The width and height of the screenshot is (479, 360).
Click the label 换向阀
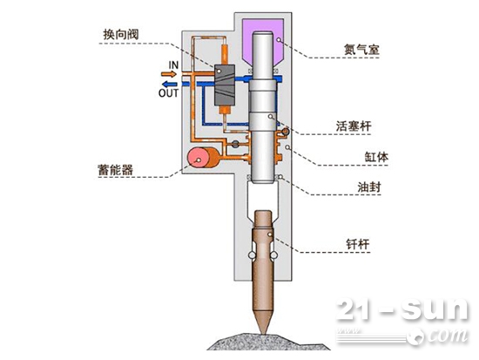(x=121, y=34)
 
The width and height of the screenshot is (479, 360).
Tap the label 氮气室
(x=361, y=50)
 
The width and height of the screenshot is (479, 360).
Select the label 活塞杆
(x=354, y=126)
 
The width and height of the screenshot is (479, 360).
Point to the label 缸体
(x=376, y=157)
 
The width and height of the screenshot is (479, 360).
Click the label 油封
(x=369, y=187)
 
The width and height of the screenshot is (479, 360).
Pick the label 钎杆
(x=358, y=244)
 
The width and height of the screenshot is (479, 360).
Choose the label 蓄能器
(x=116, y=170)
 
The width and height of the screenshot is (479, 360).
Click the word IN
(x=173, y=65)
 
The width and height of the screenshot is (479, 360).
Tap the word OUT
(x=168, y=92)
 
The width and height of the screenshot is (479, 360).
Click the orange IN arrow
(x=169, y=74)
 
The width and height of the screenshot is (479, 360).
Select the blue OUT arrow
(x=169, y=84)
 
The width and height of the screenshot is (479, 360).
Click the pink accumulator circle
(x=198, y=158)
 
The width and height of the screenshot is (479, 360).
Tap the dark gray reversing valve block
(x=225, y=85)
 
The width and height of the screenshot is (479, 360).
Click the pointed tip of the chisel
(x=263, y=333)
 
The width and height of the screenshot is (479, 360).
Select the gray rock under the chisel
(x=268, y=342)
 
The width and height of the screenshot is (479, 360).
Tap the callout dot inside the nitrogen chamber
(x=279, y=39)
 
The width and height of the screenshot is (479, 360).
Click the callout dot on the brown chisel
(x=270, y=234)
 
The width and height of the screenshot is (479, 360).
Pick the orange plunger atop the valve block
(x=225, y=54)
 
